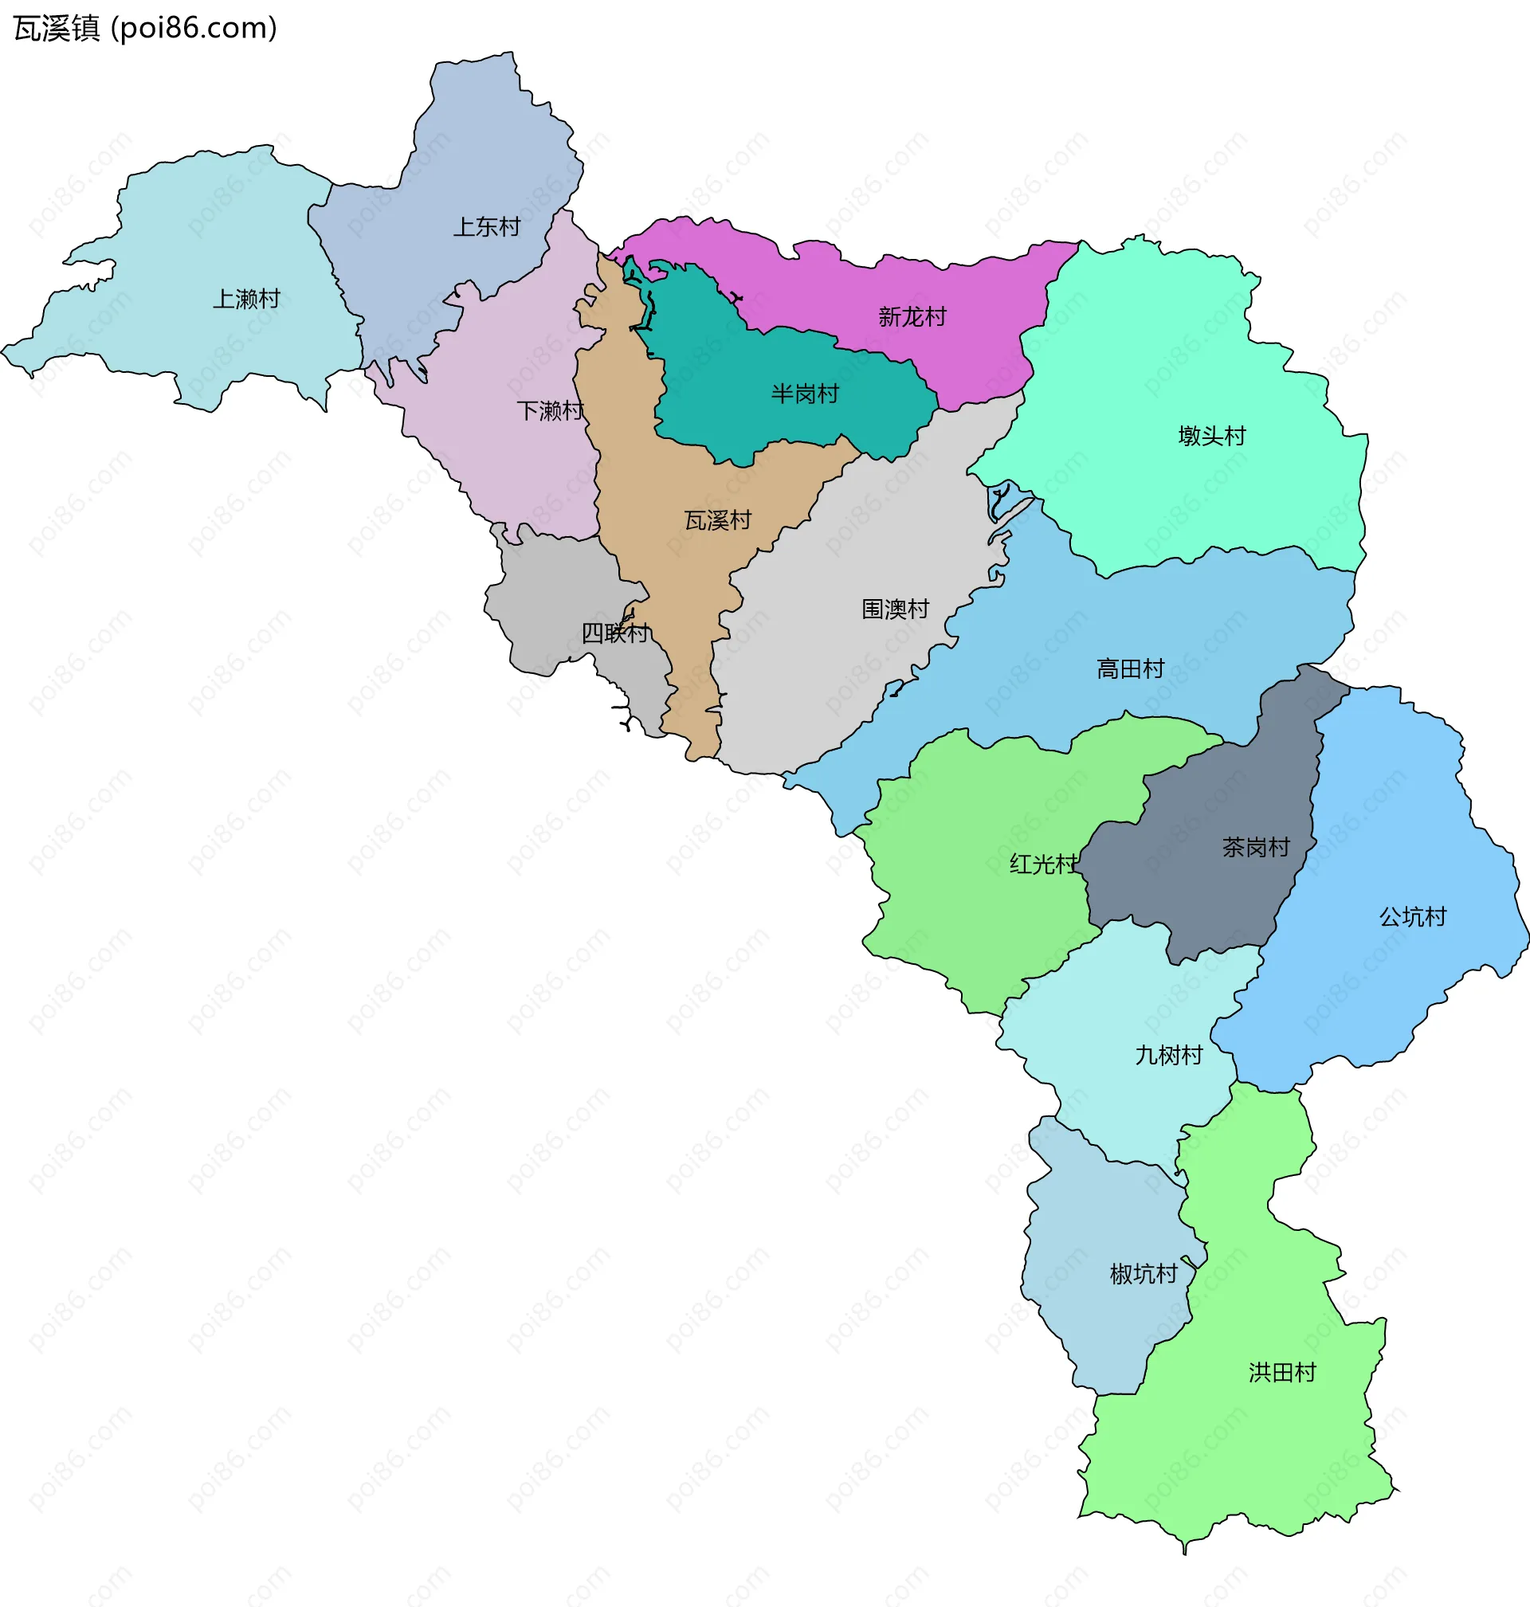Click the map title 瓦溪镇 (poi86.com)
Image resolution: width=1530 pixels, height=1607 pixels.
[x=145, y=29]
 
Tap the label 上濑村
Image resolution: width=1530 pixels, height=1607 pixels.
[x=246, y=300]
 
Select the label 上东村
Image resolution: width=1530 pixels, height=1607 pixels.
[x=487, y=226]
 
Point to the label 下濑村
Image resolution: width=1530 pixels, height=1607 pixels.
[x=551, y=410]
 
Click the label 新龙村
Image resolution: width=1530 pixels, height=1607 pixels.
[x=912, y=316]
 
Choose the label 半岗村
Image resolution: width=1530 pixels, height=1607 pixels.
[x=805, y=394]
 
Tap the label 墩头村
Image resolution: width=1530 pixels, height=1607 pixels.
[x=1212, y=435]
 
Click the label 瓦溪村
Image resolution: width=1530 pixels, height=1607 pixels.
[x=718, y=520]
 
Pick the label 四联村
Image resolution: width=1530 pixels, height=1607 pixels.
[x=615, y=632]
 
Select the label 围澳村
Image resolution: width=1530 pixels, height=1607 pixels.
[x=896, y=608]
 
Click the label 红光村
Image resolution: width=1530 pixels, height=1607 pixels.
[x=1043, y=864]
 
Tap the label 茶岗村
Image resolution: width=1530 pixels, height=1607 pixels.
[x=1256, y=847]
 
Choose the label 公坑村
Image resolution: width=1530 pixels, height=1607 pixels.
[x=1413, y=916]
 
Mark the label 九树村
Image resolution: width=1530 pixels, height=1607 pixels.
[x=1169, y=1055]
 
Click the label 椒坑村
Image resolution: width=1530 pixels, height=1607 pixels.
[x=1144, y=1273]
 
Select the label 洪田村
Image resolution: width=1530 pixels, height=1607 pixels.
[x=1282, y=1372]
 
